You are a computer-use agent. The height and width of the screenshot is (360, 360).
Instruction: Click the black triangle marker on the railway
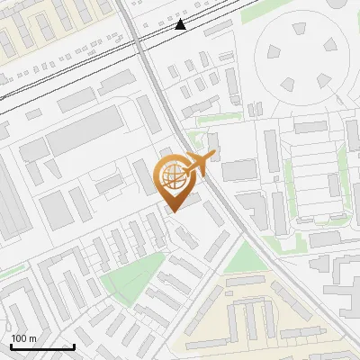[x=181, y=24]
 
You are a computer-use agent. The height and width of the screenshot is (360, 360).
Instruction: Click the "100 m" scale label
[x=23, y=338]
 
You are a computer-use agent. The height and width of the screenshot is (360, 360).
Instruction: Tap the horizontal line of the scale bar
[x=42, y=347]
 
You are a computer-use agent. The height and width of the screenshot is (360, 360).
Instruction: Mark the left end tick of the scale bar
[x=11, y=346]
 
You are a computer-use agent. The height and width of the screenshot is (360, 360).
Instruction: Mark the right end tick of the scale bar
[x=74, y=346]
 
